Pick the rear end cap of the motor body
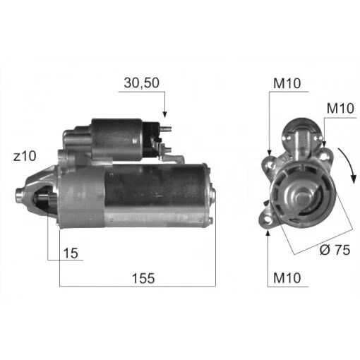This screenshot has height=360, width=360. coord(206,194)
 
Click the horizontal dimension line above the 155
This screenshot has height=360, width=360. coord(137,287)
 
